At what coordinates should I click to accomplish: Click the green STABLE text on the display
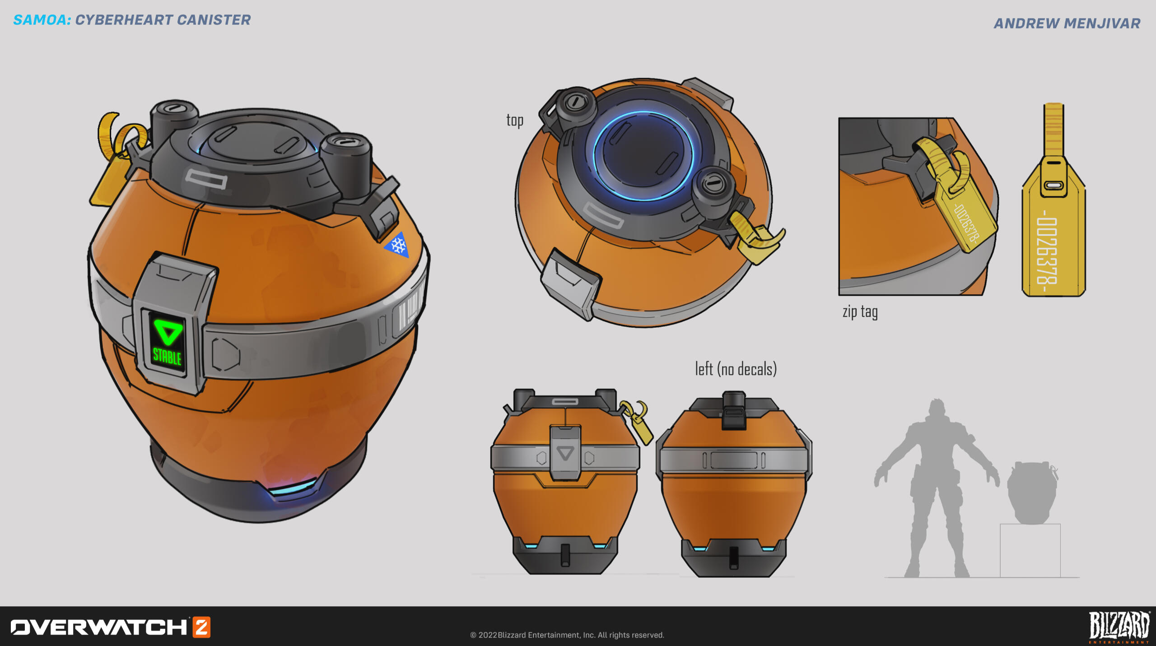(x=167, y=357)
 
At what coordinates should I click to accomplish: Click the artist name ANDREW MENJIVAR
(x=1067, y=23)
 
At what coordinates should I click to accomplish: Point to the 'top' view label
(x=515, y=121)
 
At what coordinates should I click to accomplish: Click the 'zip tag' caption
(x=860, y=312)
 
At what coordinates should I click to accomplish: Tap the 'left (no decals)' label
(x=736, y=369)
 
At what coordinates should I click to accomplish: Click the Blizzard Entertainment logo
(x=1119, y=627)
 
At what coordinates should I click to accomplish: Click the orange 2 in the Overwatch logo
(x=202, y=627)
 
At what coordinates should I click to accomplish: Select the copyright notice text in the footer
(x=567, y=635)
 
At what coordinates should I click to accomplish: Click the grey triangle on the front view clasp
(x=565, y=453)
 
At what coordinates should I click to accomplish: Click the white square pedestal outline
(x=1030, y=550)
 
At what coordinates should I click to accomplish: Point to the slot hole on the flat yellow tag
(x=1053, y=185)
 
